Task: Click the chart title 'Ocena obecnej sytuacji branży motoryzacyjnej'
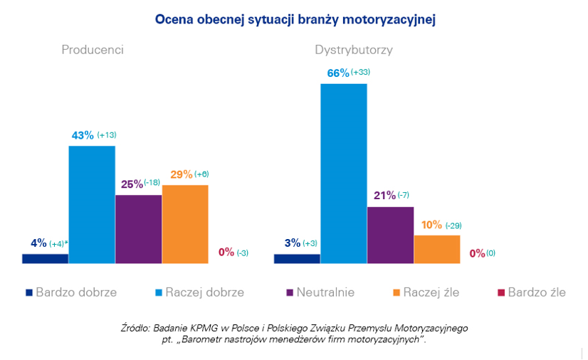pos(295,19)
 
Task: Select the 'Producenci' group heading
pos(93,51)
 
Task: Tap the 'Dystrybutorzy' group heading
pos(354,51)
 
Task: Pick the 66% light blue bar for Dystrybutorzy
pos(344,174)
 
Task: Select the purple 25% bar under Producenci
pos(138,229)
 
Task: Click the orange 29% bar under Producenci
pos(185,224)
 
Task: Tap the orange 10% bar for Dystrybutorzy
pos(436,249)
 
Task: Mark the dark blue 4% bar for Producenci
pos(45,258)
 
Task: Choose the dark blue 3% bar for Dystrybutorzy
pos(297,258)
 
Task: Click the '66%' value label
pos(337,73)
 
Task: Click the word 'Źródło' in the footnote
pos(135,328)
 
